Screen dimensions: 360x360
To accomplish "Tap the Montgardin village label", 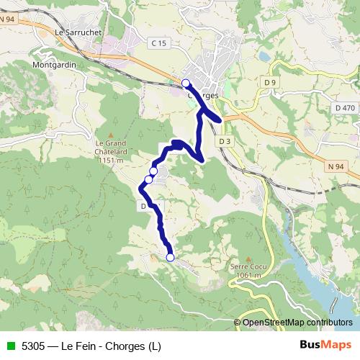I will pyautogui.click(x=54, y=64).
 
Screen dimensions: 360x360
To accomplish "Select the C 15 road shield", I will pyautogui.click(x=159, y=44).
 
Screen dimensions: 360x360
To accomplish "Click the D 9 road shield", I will pyautogui.click(x=270, y=83).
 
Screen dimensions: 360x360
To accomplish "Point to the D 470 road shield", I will pyautogui.click(x=345, y=107).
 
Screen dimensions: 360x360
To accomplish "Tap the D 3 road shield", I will pyautogui.click(x=225, y=141).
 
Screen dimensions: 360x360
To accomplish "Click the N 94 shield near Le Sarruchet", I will pyautogui.click(x=8, y=19).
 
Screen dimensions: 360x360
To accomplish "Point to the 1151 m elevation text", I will pyautogui.click(x=110, y=160).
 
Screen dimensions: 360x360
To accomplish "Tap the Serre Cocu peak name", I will pyautogui.click(x=245, y=267).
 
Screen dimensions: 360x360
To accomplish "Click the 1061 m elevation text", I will pyautogui.click(x=246, y=276).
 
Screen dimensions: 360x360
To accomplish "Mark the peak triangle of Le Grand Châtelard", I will pyautogui.click(x=110, y=134).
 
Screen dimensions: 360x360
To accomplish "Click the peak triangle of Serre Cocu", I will pyautogui.click(x=248, y=258).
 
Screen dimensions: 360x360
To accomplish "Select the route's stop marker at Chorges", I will pyautogui.click(x=186, y=83).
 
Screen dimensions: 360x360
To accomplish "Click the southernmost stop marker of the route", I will pyautogui.click(x=171, y=257).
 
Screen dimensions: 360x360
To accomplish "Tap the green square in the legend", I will pyautogui.click(x=9, y=346).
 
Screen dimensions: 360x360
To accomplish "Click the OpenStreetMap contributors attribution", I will pyautogui.click(x=297, y=323).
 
